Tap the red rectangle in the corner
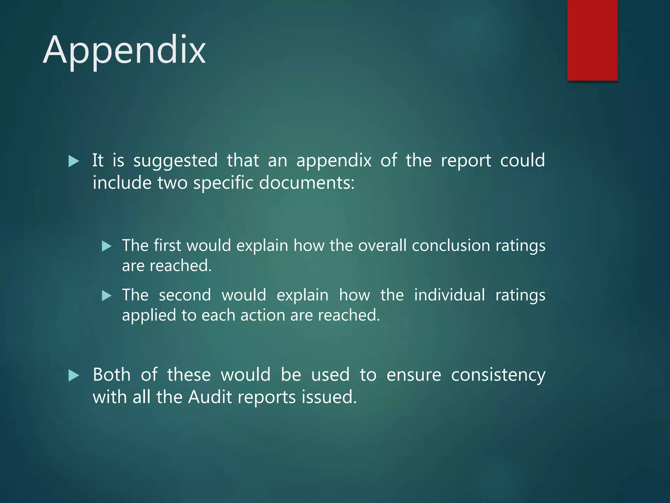592,40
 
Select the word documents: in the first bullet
307,183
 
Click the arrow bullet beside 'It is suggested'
74,161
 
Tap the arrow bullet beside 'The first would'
107,246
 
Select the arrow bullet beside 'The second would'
107,296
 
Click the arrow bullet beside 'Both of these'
74,375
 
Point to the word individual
450,295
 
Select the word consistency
498,375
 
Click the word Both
112,375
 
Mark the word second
185,295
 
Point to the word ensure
414,375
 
